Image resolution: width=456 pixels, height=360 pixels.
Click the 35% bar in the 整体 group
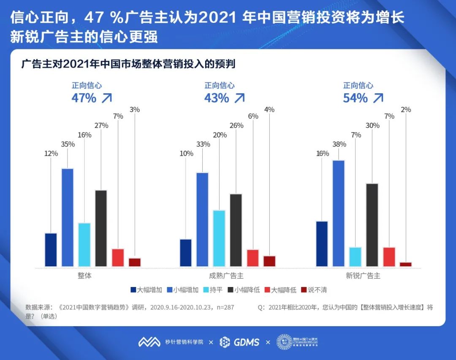68,217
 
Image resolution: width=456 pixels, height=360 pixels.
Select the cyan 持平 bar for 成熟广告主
219,238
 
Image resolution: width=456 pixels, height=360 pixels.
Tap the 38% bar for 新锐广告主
339,213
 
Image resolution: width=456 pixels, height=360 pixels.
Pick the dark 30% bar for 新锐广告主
372,225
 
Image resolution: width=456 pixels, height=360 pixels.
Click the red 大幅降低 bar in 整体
118,257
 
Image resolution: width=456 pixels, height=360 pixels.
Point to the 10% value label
186,154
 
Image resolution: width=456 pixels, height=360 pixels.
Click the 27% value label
101,125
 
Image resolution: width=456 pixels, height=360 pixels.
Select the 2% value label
406,109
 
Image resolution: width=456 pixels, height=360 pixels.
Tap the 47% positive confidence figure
84,98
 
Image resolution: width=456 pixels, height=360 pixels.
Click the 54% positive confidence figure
356,98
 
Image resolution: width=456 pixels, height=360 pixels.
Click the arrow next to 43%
239,98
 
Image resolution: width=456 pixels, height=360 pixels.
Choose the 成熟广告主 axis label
226,276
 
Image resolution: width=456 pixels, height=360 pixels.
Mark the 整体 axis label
84,276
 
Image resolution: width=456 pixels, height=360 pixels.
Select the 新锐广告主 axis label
363,276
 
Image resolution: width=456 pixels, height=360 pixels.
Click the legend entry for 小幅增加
184,290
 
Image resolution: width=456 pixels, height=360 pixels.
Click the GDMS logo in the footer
240,342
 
